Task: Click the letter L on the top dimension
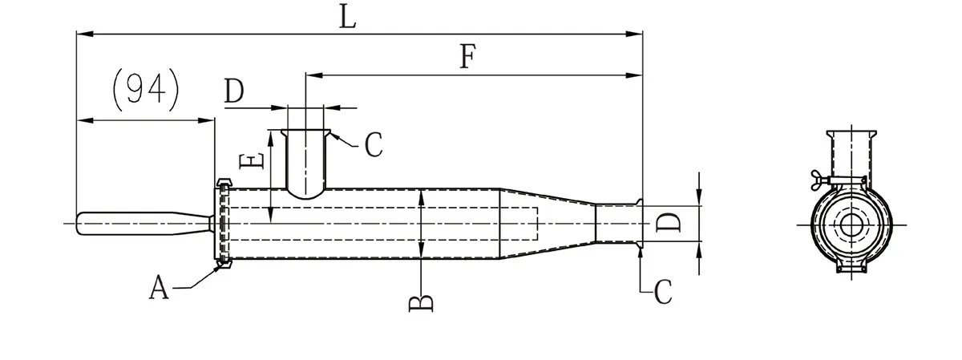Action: pos(346,16)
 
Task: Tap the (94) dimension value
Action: pos(145,89)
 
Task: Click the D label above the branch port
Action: pos(234,92)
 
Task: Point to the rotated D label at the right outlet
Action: pos(669,222)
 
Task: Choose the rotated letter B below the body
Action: pos(422,301)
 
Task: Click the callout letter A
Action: pos(160,287)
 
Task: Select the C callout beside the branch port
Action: pos(373,145)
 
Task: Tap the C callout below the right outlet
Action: pos(662,293)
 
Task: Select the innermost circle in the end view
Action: pos(850,224)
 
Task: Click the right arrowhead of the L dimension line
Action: pos(638,34)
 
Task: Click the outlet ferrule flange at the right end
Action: pos(640,223)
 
